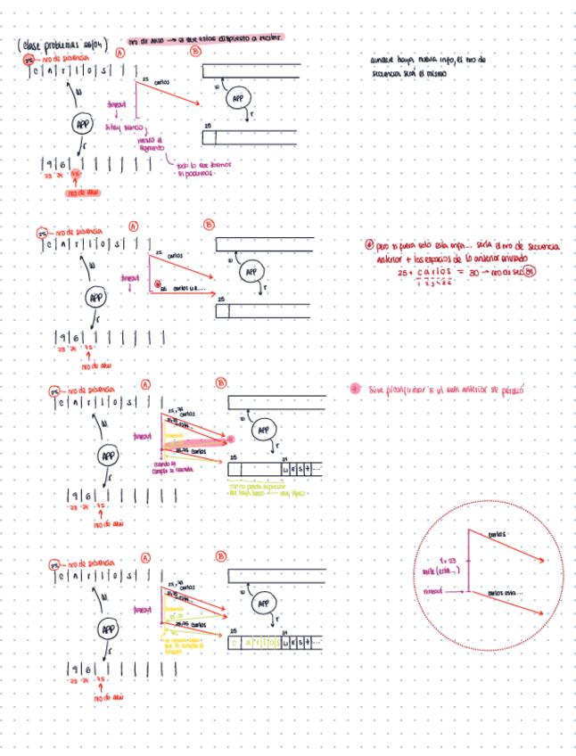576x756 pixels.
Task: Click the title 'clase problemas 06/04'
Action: pos(61,45)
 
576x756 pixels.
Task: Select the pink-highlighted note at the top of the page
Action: pos(205,40)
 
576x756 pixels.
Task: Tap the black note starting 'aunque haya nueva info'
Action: pos(428,67)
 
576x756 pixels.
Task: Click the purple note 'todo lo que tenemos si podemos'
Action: pos(196,169)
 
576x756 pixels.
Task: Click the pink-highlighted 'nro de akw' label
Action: pos(86,191)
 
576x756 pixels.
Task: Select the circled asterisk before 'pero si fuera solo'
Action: pos(369,245)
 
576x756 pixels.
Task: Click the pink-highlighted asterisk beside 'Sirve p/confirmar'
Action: pos(356,389)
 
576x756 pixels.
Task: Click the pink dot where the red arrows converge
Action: pos(230,440)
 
